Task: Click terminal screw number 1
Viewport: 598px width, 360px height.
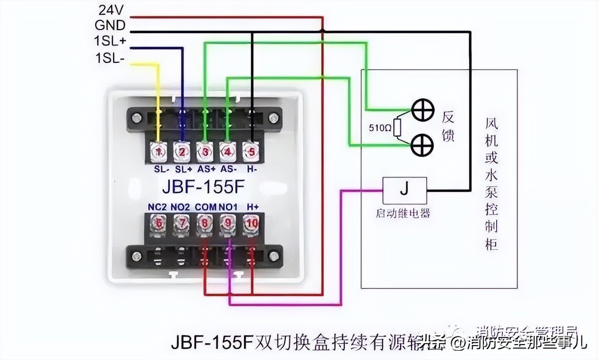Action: pyautogui.click(x=158, y=152)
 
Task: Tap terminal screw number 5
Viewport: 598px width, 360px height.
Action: pyautogui.click(x=251, y=152)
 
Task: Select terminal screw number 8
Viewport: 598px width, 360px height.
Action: pyautogui.click(x=204, y=224)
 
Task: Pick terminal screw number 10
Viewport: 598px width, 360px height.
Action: pyautogui.click(x=251, y=224)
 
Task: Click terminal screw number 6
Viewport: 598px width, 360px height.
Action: pyautogui.click(x=158, y=224)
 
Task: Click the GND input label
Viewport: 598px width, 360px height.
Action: pyautogui.click(x=110, y=25)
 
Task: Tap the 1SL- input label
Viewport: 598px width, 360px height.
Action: pyautogui.click(x=110, y=58)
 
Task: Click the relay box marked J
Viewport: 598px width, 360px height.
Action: pyautogui.click(x=405, y=190)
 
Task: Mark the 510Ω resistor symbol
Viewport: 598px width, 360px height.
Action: pyautogui.click(x=397, y=128)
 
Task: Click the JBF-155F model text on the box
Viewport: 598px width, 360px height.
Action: pyautogui.click(x=203, y=187)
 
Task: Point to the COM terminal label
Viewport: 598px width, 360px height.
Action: pyautogui.click(x=205, y=207)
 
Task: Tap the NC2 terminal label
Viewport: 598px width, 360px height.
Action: pyautogui.click(x=157, y=207)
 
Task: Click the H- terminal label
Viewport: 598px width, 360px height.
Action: pyautogui.click(x=252, y=168)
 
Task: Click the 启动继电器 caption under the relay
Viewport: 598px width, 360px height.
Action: pyautogui.click(x=402, y=214)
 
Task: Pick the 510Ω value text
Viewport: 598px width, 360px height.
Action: pyautogui.click(x=378, y=128)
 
